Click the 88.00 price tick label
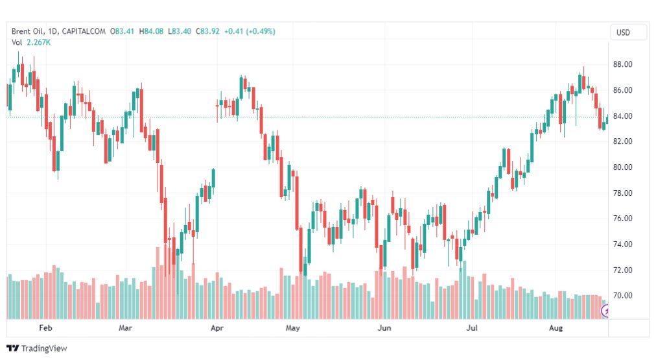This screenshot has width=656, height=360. (x=623, y=64)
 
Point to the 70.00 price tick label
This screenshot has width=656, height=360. (x=623, y=296)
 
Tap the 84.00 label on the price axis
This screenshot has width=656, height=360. (x=623, y=116)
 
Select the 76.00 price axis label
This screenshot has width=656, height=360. (x=623, y=219)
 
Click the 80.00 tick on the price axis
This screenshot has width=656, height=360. (x=623, y=167)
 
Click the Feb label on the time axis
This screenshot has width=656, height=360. (x=45, y=328)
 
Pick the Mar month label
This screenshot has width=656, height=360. (x=125, y=328)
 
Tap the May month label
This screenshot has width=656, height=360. (x=293, y=328)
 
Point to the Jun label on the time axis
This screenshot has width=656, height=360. (x=384, y=328)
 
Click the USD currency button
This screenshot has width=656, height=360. (x=623, y=33)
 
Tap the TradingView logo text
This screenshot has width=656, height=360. (x=44, y=348)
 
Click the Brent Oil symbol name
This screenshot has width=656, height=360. (x=28, y=31)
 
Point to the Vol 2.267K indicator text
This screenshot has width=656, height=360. (x=31, y=42)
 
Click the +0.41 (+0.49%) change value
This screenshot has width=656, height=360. (x=249, y=31)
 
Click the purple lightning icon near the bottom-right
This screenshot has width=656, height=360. (x=607, y=312)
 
